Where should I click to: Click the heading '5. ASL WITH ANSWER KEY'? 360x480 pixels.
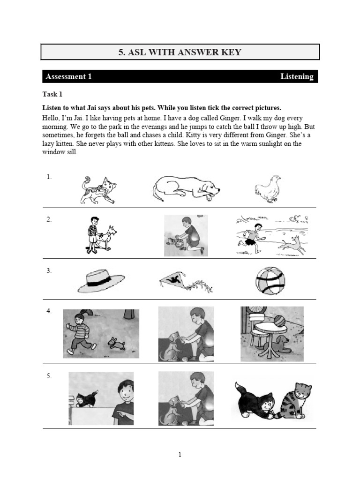[x=180, y=52]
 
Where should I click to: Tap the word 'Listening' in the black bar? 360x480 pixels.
[x=297, y=76]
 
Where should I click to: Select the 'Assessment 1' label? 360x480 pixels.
[x=67, y=76]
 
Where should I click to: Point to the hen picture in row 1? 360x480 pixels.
[x=268, y=189]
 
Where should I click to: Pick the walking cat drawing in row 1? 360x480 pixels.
[x=98, y=190]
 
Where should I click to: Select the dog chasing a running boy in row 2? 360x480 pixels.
[x=272, y=236]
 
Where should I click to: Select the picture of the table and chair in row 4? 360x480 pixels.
[x=272, y=333]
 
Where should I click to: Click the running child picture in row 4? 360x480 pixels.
[x=101, y=333]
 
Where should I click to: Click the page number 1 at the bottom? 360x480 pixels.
[x=180, y=454]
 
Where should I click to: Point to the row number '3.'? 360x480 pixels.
[x=49, y=271]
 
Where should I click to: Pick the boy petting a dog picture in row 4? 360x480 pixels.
[x=186, y=333]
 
